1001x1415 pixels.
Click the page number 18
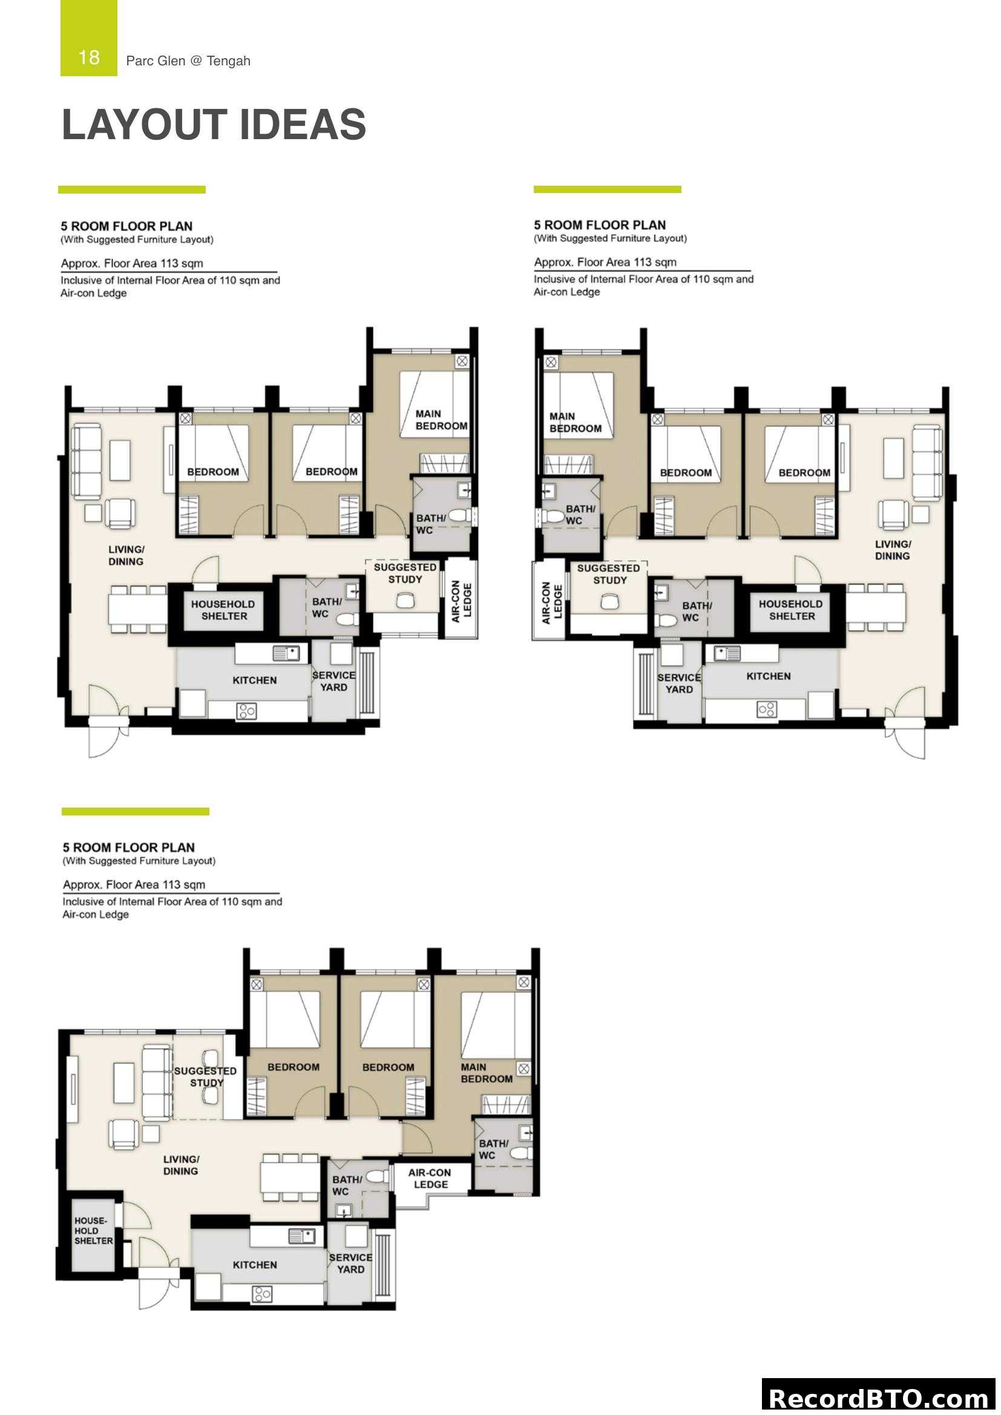89,57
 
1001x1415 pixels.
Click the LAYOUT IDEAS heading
213,125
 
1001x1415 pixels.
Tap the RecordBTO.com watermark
879,1398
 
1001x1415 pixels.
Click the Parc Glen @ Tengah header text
188,60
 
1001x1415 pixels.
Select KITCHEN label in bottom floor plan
255,1264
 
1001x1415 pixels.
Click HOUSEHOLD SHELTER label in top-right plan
792,610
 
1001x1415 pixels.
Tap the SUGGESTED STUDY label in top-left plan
405,573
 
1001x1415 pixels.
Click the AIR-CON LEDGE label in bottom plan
430,1178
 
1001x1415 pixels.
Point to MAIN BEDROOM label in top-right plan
574,422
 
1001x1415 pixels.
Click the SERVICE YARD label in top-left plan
333,681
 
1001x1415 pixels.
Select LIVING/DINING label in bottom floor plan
180,1165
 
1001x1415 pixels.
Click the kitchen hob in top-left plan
246,712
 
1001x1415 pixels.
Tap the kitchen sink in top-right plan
727,653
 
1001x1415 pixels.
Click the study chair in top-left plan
405,600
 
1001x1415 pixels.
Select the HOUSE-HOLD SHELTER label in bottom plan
93,1230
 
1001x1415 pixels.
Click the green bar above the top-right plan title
606,189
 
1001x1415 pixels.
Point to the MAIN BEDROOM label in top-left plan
441,420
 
